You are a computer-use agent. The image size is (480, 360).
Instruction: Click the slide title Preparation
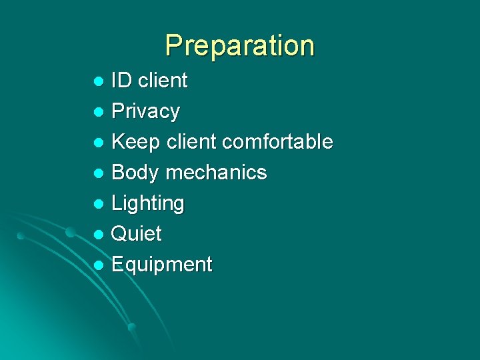click(x=239, y=45)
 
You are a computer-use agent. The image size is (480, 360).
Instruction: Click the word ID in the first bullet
click(x=121, y=81)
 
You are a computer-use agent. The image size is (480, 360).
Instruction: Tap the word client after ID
click(x=162, y=81)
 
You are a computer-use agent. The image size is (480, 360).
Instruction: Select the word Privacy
click(x=145, y=111)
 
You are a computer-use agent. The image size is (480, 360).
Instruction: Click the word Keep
click(x=136, y=141)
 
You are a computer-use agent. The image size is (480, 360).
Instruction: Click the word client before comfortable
click(x=192, y=141)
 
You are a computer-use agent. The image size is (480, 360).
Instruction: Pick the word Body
click(x=135, y=172)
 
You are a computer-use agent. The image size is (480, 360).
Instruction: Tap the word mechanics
click(x=216, y=172)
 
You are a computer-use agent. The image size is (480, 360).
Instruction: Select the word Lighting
click(x=147, y=203)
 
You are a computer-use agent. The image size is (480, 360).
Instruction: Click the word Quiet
click(x=136, y=233)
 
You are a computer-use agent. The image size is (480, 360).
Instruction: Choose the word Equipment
click(x=161, y=265)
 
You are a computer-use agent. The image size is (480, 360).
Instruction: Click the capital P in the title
click(x=174, y=45)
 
